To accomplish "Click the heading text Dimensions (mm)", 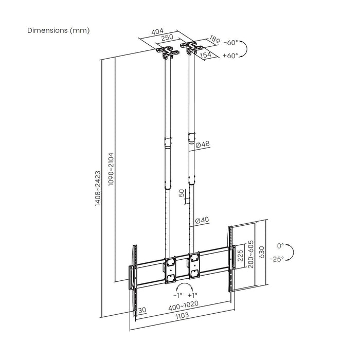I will pos(58,30).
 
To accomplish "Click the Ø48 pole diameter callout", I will pos(203,146).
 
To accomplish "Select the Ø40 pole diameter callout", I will pos(203,220).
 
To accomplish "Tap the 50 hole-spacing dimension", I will pos(181,194).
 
